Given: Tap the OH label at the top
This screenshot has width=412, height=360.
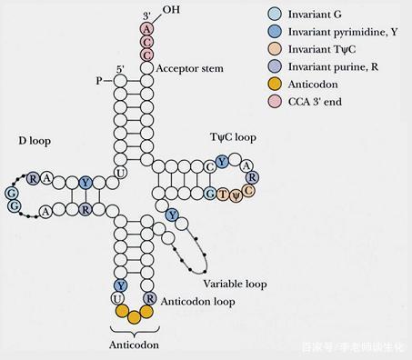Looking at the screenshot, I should tap(171, 10).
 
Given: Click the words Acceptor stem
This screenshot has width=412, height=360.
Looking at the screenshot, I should tap(190, 69).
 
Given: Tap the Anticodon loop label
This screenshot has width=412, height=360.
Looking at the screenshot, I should tap(192, 300).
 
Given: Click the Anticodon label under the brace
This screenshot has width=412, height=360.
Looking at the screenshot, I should tap(134, 345).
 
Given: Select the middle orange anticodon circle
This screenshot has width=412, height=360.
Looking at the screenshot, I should tap(135, 317).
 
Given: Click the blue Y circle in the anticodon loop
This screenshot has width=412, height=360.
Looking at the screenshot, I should tap(119, 285).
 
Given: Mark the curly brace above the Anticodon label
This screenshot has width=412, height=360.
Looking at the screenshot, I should tap(135, 332).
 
